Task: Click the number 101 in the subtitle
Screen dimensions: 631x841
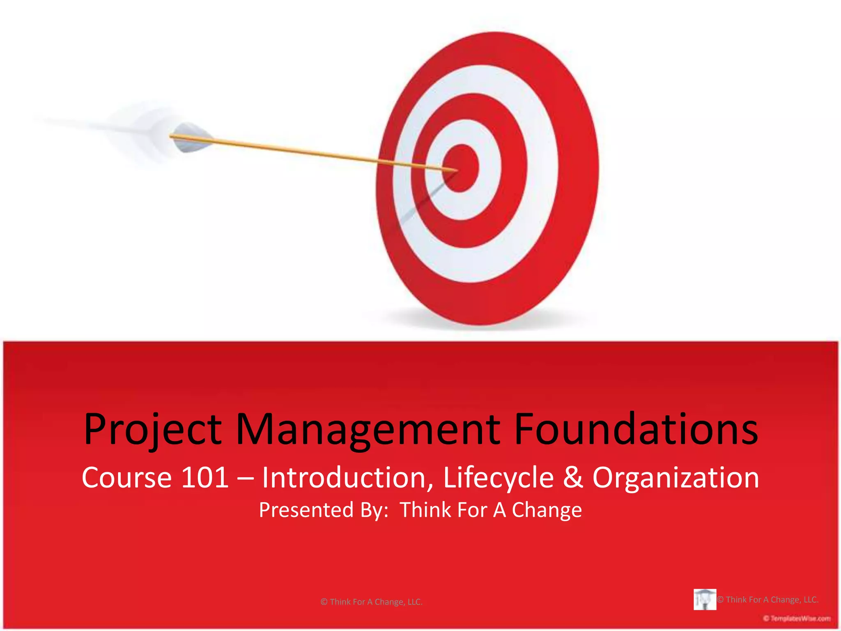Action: (205, 477)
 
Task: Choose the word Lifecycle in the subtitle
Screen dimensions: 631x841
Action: (498, 477)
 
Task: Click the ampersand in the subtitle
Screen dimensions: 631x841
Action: (573, 477)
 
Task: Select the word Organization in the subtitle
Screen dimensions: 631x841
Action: (676, 477)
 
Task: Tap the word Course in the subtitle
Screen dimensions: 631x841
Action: (126, 477)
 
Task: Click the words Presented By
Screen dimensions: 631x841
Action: (324, 510)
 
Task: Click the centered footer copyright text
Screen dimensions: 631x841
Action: (371, 602)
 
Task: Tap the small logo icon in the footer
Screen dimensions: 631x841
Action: (705, 599)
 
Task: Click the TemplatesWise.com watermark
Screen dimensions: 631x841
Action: (797, 618)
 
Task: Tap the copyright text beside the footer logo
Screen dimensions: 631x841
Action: (768, 599)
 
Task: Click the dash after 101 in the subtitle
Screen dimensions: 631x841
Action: (245, 478)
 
